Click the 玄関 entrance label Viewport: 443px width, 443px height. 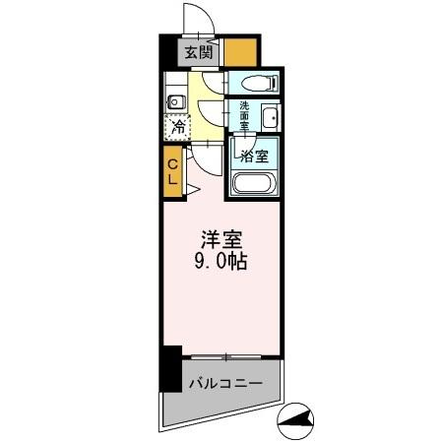click(x=194, y=53)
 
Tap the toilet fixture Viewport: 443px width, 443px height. click(x=257, y=83)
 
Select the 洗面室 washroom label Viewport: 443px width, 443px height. click(x=243, y=117)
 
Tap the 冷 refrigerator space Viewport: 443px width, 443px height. click(x=177, y=126)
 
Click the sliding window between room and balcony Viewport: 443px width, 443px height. click(x=227, y=353)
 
